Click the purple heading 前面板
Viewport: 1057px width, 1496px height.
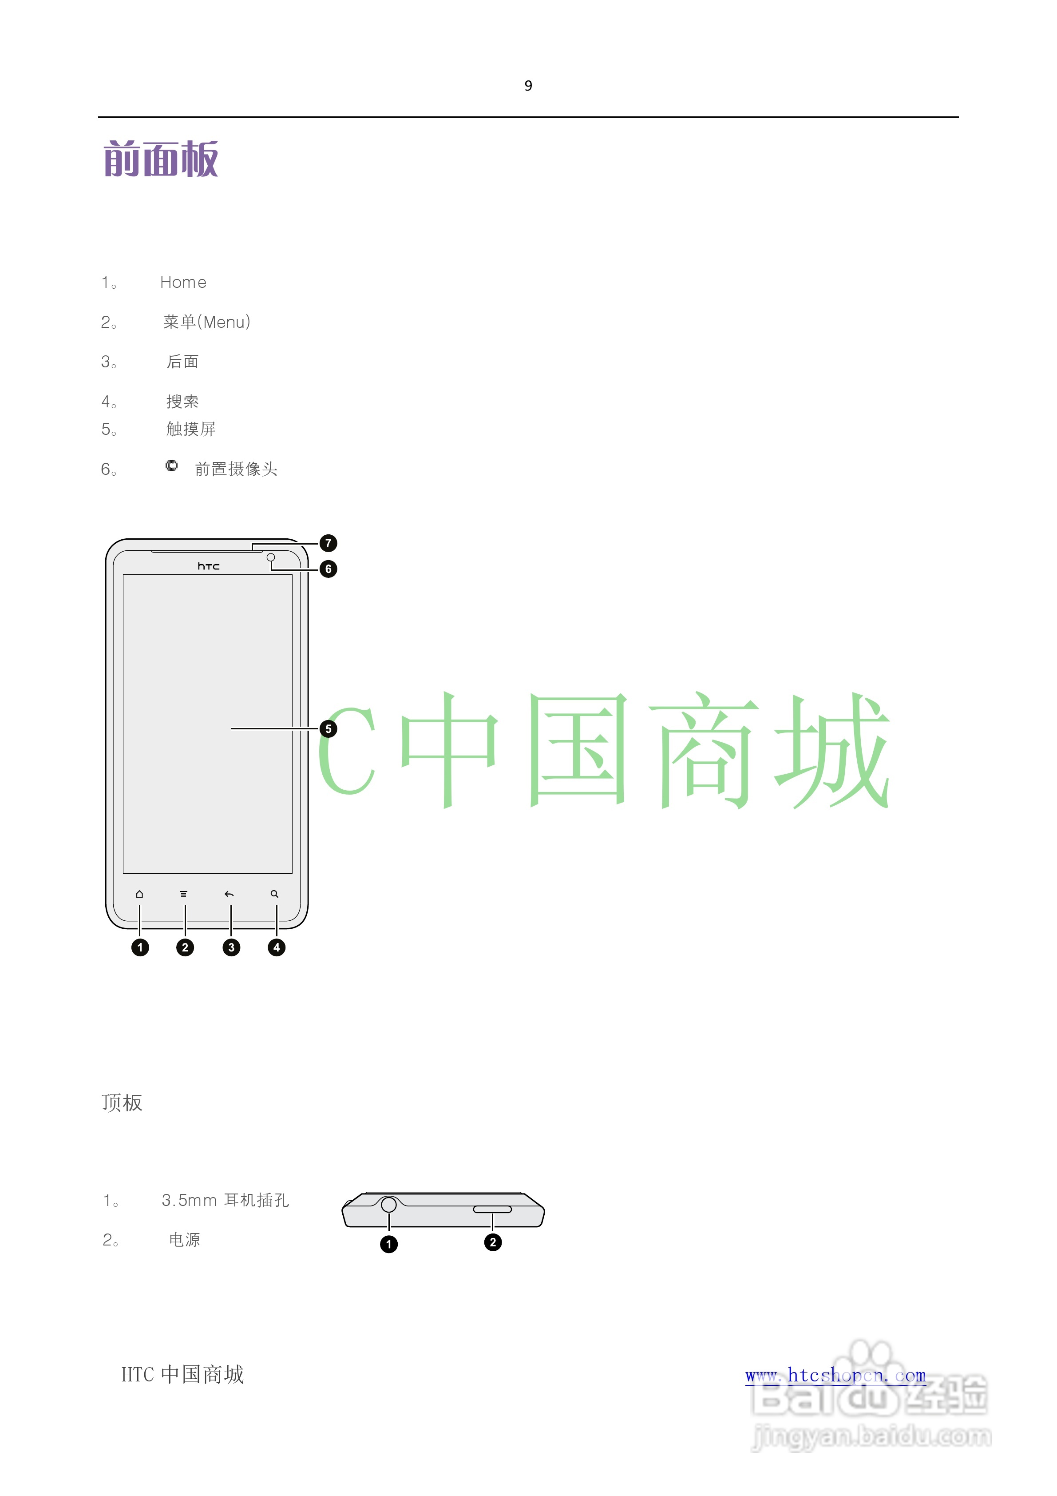coord(161,159)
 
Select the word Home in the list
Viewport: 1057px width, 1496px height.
coord(183,282)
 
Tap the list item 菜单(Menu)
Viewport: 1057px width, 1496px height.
coord(206,322)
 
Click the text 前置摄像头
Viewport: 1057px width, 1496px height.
coord(236,469)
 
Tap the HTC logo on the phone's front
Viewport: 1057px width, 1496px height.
coord(208,566)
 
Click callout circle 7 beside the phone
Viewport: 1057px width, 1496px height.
coord(328,543)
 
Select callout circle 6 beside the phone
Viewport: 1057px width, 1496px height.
coord(328,569)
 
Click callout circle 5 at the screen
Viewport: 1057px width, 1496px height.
coord(328,728)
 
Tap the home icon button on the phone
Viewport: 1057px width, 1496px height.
coord(139,894)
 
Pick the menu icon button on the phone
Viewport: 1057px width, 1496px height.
coord(184,894)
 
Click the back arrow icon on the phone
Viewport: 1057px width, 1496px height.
coord(229,894)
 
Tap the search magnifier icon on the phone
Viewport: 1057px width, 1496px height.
coord(275,894)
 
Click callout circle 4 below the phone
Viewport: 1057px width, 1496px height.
coord(277,947)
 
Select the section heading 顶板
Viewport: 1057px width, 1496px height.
coord(122,1103)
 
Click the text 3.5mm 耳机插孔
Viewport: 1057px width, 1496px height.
coord(225,1200)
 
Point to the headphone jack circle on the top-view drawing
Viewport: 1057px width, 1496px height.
coord(389,1205)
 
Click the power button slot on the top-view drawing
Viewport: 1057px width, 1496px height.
coord(492,1210)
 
